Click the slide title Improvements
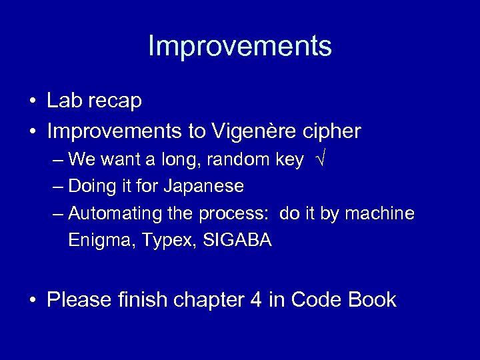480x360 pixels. (239, 47)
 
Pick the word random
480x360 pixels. (241, 160)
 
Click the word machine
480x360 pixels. (383, 213)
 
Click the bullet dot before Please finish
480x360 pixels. (32, 301)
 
